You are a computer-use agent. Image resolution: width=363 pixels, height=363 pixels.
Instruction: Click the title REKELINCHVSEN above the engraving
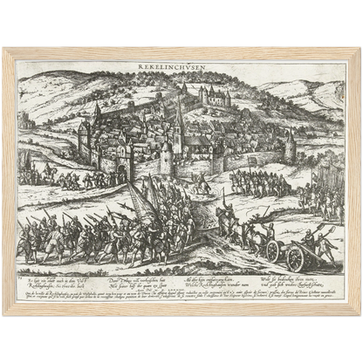pos(181,65)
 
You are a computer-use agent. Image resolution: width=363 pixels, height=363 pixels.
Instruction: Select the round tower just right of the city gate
pos(167,158)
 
